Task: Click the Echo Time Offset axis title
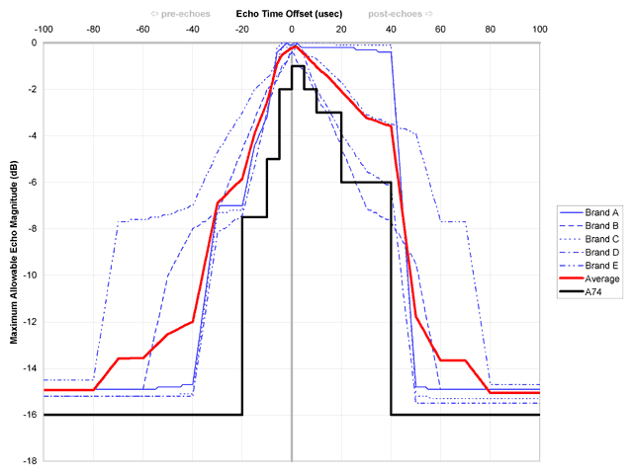pos(291,15)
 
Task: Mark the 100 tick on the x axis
pos(540,30)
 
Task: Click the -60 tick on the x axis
pos(142,30)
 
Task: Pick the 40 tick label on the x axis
pos(391,30)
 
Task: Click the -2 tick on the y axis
pos(32,90)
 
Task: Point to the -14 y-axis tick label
pos(30,368)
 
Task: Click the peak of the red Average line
pos(296,45)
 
